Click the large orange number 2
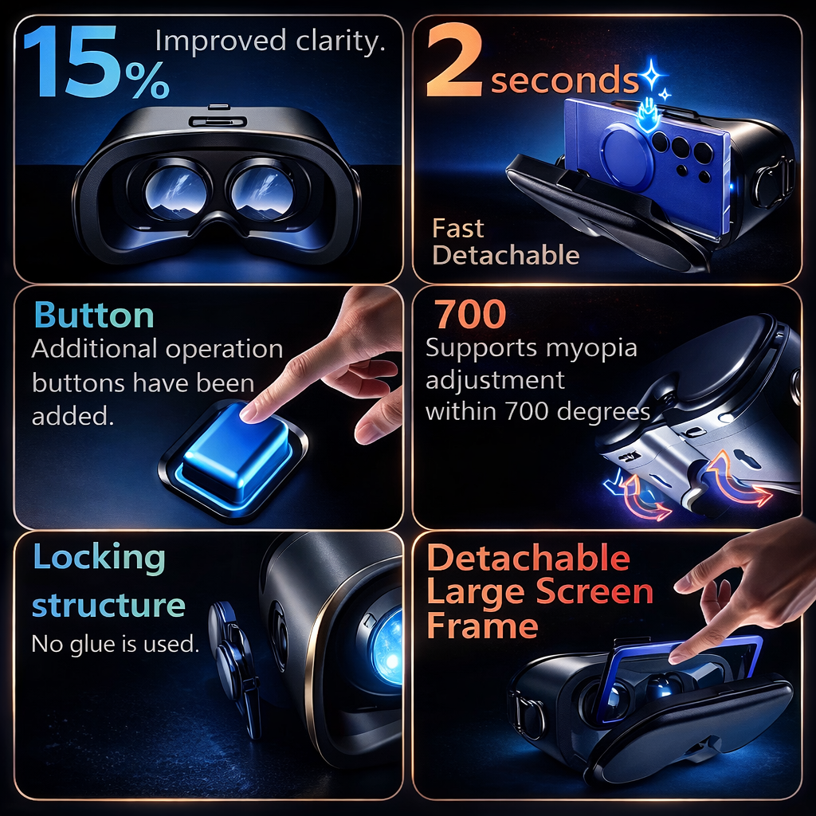455,62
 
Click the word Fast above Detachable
458,229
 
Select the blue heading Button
94,316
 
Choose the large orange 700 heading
470,316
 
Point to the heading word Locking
99,557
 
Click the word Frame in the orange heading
482,626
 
